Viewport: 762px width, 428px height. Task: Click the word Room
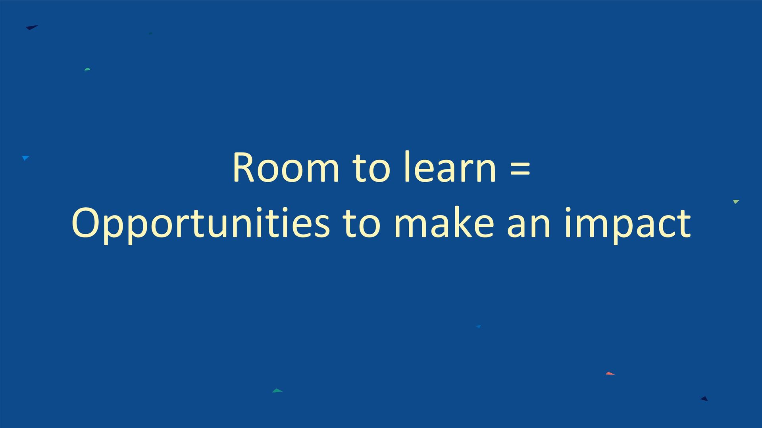click(286, 168)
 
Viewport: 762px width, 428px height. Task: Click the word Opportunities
click(200, 224)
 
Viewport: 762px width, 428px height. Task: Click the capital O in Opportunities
click(85, 223)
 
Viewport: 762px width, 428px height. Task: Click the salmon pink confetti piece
click(610, 373)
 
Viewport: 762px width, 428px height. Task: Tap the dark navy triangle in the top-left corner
click(31, 27)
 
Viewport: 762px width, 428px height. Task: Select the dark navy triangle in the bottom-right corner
click(704, 399)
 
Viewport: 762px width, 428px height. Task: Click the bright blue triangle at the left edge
click(25, 158)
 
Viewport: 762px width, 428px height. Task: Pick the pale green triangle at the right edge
click(736, 202)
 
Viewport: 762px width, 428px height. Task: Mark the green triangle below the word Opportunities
click(277, 391)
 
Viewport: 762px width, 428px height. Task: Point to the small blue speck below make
click(478, 327)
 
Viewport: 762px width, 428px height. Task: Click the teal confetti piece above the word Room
click(87, 69)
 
